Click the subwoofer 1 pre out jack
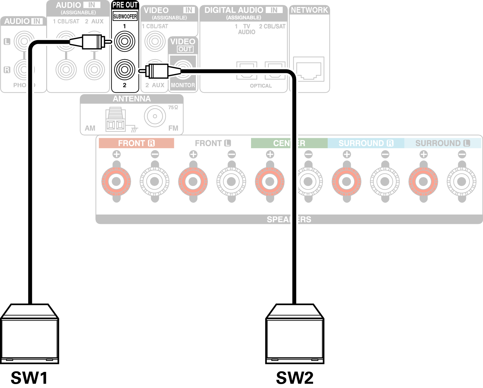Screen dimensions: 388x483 [x=125, y=41]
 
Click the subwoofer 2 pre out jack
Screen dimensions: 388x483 [x=125, y=70]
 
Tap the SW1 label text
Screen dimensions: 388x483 [x=29, y=378]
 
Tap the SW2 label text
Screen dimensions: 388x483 [x=295, y=378]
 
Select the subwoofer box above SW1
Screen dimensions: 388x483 [x=29, y=334]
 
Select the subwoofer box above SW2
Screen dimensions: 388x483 [x=295, y=334]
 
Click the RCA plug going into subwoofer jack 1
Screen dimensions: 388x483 [x=91, y=42]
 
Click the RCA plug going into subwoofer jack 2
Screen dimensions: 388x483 [x=158, y=71]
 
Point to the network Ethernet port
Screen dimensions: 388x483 [x=309, y=70]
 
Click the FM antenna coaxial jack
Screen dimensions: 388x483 [x=155, y=116]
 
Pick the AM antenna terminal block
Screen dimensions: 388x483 [x=116, y=120]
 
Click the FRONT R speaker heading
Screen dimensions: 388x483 [x=136, y=143]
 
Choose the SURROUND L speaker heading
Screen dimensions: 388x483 [x=443, y=143]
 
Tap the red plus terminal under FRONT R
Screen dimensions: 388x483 [x=116, y=181]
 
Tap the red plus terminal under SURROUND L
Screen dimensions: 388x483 [x=423, y=181]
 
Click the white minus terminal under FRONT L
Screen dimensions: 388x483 [x=231, y=181]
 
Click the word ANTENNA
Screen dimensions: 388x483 [x=132, y=99]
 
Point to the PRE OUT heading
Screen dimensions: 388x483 [x=125, y=5]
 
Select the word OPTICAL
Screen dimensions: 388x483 [x=261, y=86]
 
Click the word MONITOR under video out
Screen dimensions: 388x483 [x=183, y=85]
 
